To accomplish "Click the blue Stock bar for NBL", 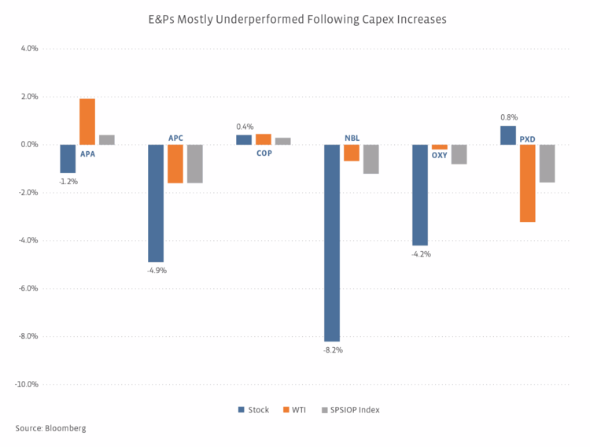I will pyautogui.click(x=332, y=242).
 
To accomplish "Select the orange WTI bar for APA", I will pyautogui.click(x=87, y=122).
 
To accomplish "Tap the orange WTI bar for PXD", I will pyautogui.click(x=528, y=183).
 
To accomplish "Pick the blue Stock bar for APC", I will pyautogui.click(x=156, y=203).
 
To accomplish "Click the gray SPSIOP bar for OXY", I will pyautogui.click(x=459, y=154).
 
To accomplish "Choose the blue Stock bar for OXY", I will pyautogui.click(x=420, y=195).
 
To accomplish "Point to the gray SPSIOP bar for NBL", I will pyautogui.click(x=371, y=159).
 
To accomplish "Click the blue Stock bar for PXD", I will pyautogui.click(x=508, y=135).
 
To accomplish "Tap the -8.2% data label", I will pyautogui.click(x=333, y=349).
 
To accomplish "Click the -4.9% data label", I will pyautogui.click(x=157, y=270).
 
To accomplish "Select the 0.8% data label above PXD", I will pyautogui.click(x=508, y=118).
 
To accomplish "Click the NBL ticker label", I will pyautogui.click(x=352, y=138).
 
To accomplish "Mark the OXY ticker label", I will pyautogui.click(x=439, y=155).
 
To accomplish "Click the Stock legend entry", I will pyautogui.click(x=253, y=410).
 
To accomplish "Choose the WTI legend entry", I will pyautogui.click(x=296, y=410).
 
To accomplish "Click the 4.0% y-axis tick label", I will pyautogui.click(x=28, y=49).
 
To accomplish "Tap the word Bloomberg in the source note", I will pyautogui.click(x=65, y=428).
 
